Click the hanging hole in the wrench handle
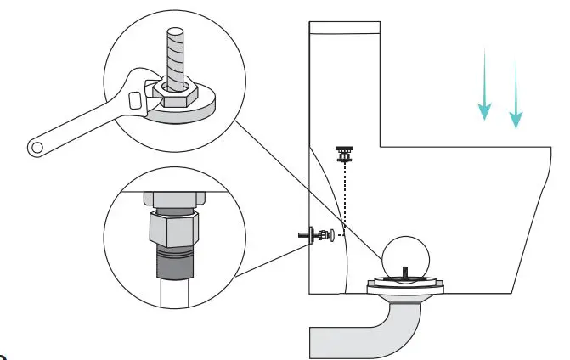(36, 149)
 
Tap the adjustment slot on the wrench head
(134, 100)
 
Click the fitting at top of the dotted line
(345, 155)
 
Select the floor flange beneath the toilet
(406, 290)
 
